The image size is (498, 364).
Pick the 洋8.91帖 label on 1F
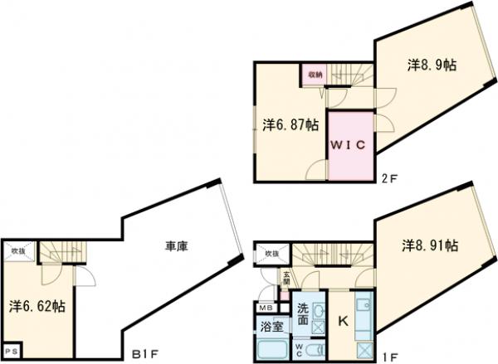(x=431, y=245)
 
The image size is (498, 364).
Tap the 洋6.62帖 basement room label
(x=38, y=305)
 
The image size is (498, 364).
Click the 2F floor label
(x=388, y=177)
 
